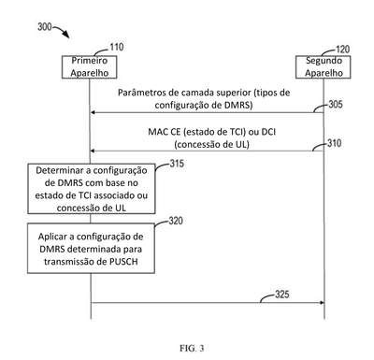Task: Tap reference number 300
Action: tap(45, 27)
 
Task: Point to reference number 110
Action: tap(117, 47)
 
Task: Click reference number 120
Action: tap(342, 50)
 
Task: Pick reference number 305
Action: tap(336, 104)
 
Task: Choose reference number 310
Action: tap(334, 143)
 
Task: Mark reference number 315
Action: tap(177, 164)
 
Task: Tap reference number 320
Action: tap(176, 221)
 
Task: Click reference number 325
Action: tap(282, 295)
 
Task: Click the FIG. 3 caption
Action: tap(192, 348)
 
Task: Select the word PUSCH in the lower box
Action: tap(123, 262)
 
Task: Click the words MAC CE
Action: tap(165, 132)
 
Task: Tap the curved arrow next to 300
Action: tap(62, 31)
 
